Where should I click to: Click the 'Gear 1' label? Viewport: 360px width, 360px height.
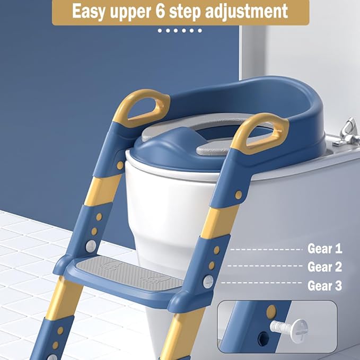tap(324, 248)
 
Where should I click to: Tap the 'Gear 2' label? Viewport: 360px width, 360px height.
tap(324, 267)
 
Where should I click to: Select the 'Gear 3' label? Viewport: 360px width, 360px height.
tap(324, 286)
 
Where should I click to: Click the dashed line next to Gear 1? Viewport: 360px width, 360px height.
tap(265, 248)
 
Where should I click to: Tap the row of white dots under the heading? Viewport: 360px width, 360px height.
tap(180, 31)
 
